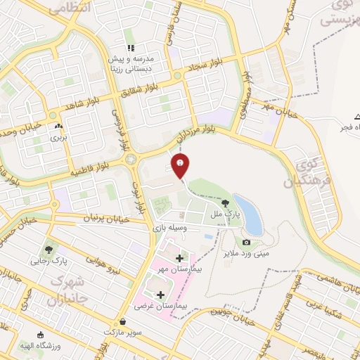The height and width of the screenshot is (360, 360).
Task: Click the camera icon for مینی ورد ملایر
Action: (x=246, y=243)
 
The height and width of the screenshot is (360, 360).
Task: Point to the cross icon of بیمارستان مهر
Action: (x=179, y=258)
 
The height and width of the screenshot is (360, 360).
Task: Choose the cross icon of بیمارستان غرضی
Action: (x=160, y=295)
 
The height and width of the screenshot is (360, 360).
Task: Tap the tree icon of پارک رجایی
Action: (x=49, y=249)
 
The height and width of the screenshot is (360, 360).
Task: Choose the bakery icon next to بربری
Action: (x=58, y=127)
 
